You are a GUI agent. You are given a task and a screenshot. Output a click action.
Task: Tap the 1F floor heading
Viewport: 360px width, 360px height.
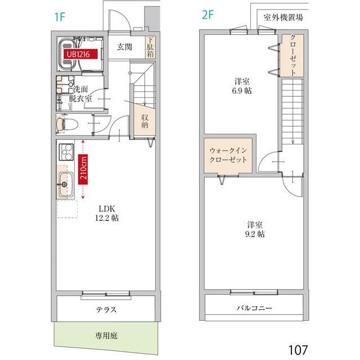click(x=60, y=16)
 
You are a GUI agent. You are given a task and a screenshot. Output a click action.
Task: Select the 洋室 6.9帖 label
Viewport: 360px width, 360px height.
click(x=243, y=85)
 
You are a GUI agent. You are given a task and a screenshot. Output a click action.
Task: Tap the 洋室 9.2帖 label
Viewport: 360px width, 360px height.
click(x=254, y=228)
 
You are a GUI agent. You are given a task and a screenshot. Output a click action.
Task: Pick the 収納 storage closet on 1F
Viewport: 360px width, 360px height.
click(x=145, y=120)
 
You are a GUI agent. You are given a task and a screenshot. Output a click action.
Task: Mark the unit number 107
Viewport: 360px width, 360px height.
click(x=298, y=349)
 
